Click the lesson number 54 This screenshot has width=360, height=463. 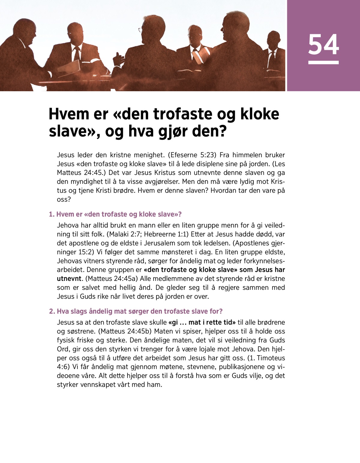click(x=323, y=44)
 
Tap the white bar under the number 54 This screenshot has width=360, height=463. click(x=323, y=62)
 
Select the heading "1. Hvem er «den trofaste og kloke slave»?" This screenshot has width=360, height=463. click(x=115, y=214)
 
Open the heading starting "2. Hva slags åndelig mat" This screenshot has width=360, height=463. click(x=136, y=311)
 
